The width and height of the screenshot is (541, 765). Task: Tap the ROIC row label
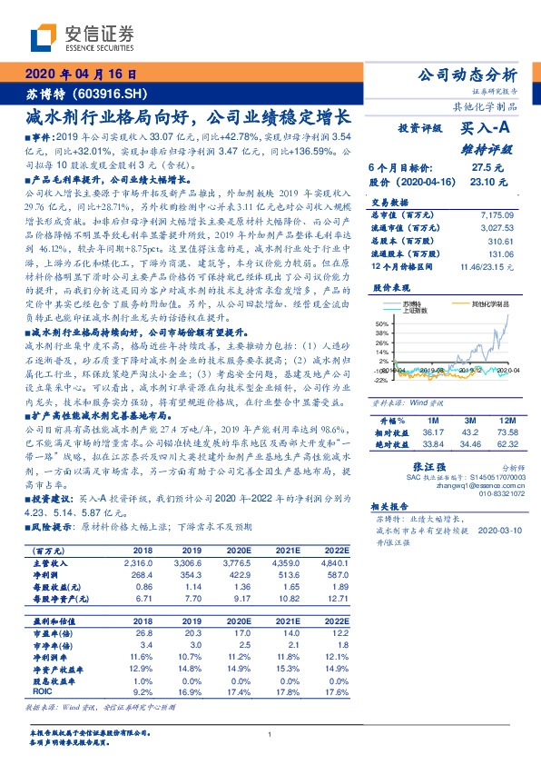[x=41, y=690]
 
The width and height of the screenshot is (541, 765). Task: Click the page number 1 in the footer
[x=270, y=734]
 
